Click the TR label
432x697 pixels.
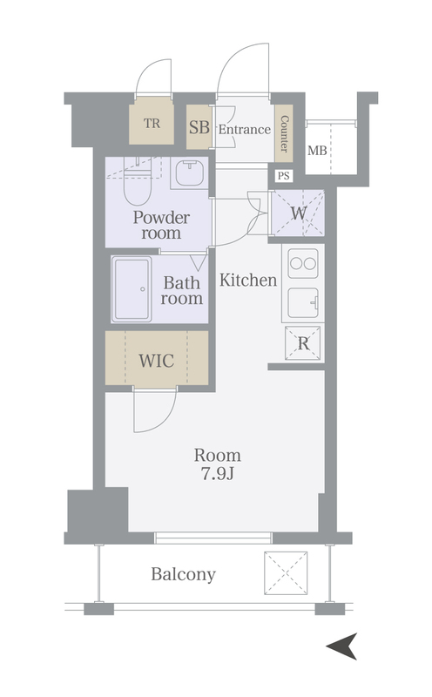(152, 123)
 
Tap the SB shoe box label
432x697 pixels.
(199, 127)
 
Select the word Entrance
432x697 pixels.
(245, 129)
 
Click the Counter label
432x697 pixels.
(284, 133)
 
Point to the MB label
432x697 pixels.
(317, 151)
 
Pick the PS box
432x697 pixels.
(284, 176)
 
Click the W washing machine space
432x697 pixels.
(298, 213)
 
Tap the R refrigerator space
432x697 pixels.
(304, 343)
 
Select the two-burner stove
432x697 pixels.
(303, 264)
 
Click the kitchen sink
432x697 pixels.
(303, 302)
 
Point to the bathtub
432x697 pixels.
(132, 289)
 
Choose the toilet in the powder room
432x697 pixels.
(138, 186)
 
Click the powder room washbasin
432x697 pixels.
(190, 173)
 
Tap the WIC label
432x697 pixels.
(157, 361)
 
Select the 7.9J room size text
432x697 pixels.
(218, 474)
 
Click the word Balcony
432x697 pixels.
(183, 574)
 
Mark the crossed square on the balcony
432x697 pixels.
(286, 573)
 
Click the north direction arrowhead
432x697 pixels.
(342, 646)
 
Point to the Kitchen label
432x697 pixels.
(248, 280)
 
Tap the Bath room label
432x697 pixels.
(182, 290)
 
